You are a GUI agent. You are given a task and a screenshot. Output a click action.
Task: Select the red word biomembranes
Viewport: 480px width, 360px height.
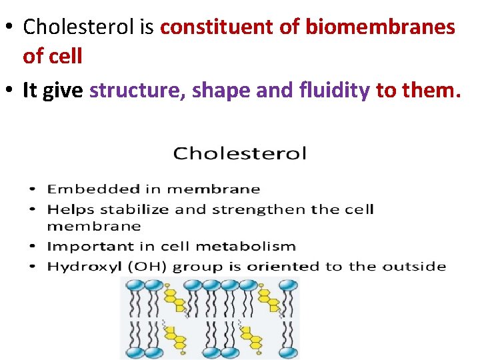click(380, 27)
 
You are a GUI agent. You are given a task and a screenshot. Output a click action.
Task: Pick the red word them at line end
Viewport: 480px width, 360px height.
click(430, 91)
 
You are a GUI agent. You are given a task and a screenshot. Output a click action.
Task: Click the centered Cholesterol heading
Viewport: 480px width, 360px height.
click(240, 154)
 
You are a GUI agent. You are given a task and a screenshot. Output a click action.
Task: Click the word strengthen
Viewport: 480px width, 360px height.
click(267, 209)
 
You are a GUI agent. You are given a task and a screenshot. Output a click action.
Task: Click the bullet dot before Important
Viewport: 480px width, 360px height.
click(35, 247)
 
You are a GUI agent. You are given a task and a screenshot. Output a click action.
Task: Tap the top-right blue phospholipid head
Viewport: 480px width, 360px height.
click(289, 285)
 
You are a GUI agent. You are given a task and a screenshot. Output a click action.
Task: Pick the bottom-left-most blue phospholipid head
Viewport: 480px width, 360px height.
click(134, 353)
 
